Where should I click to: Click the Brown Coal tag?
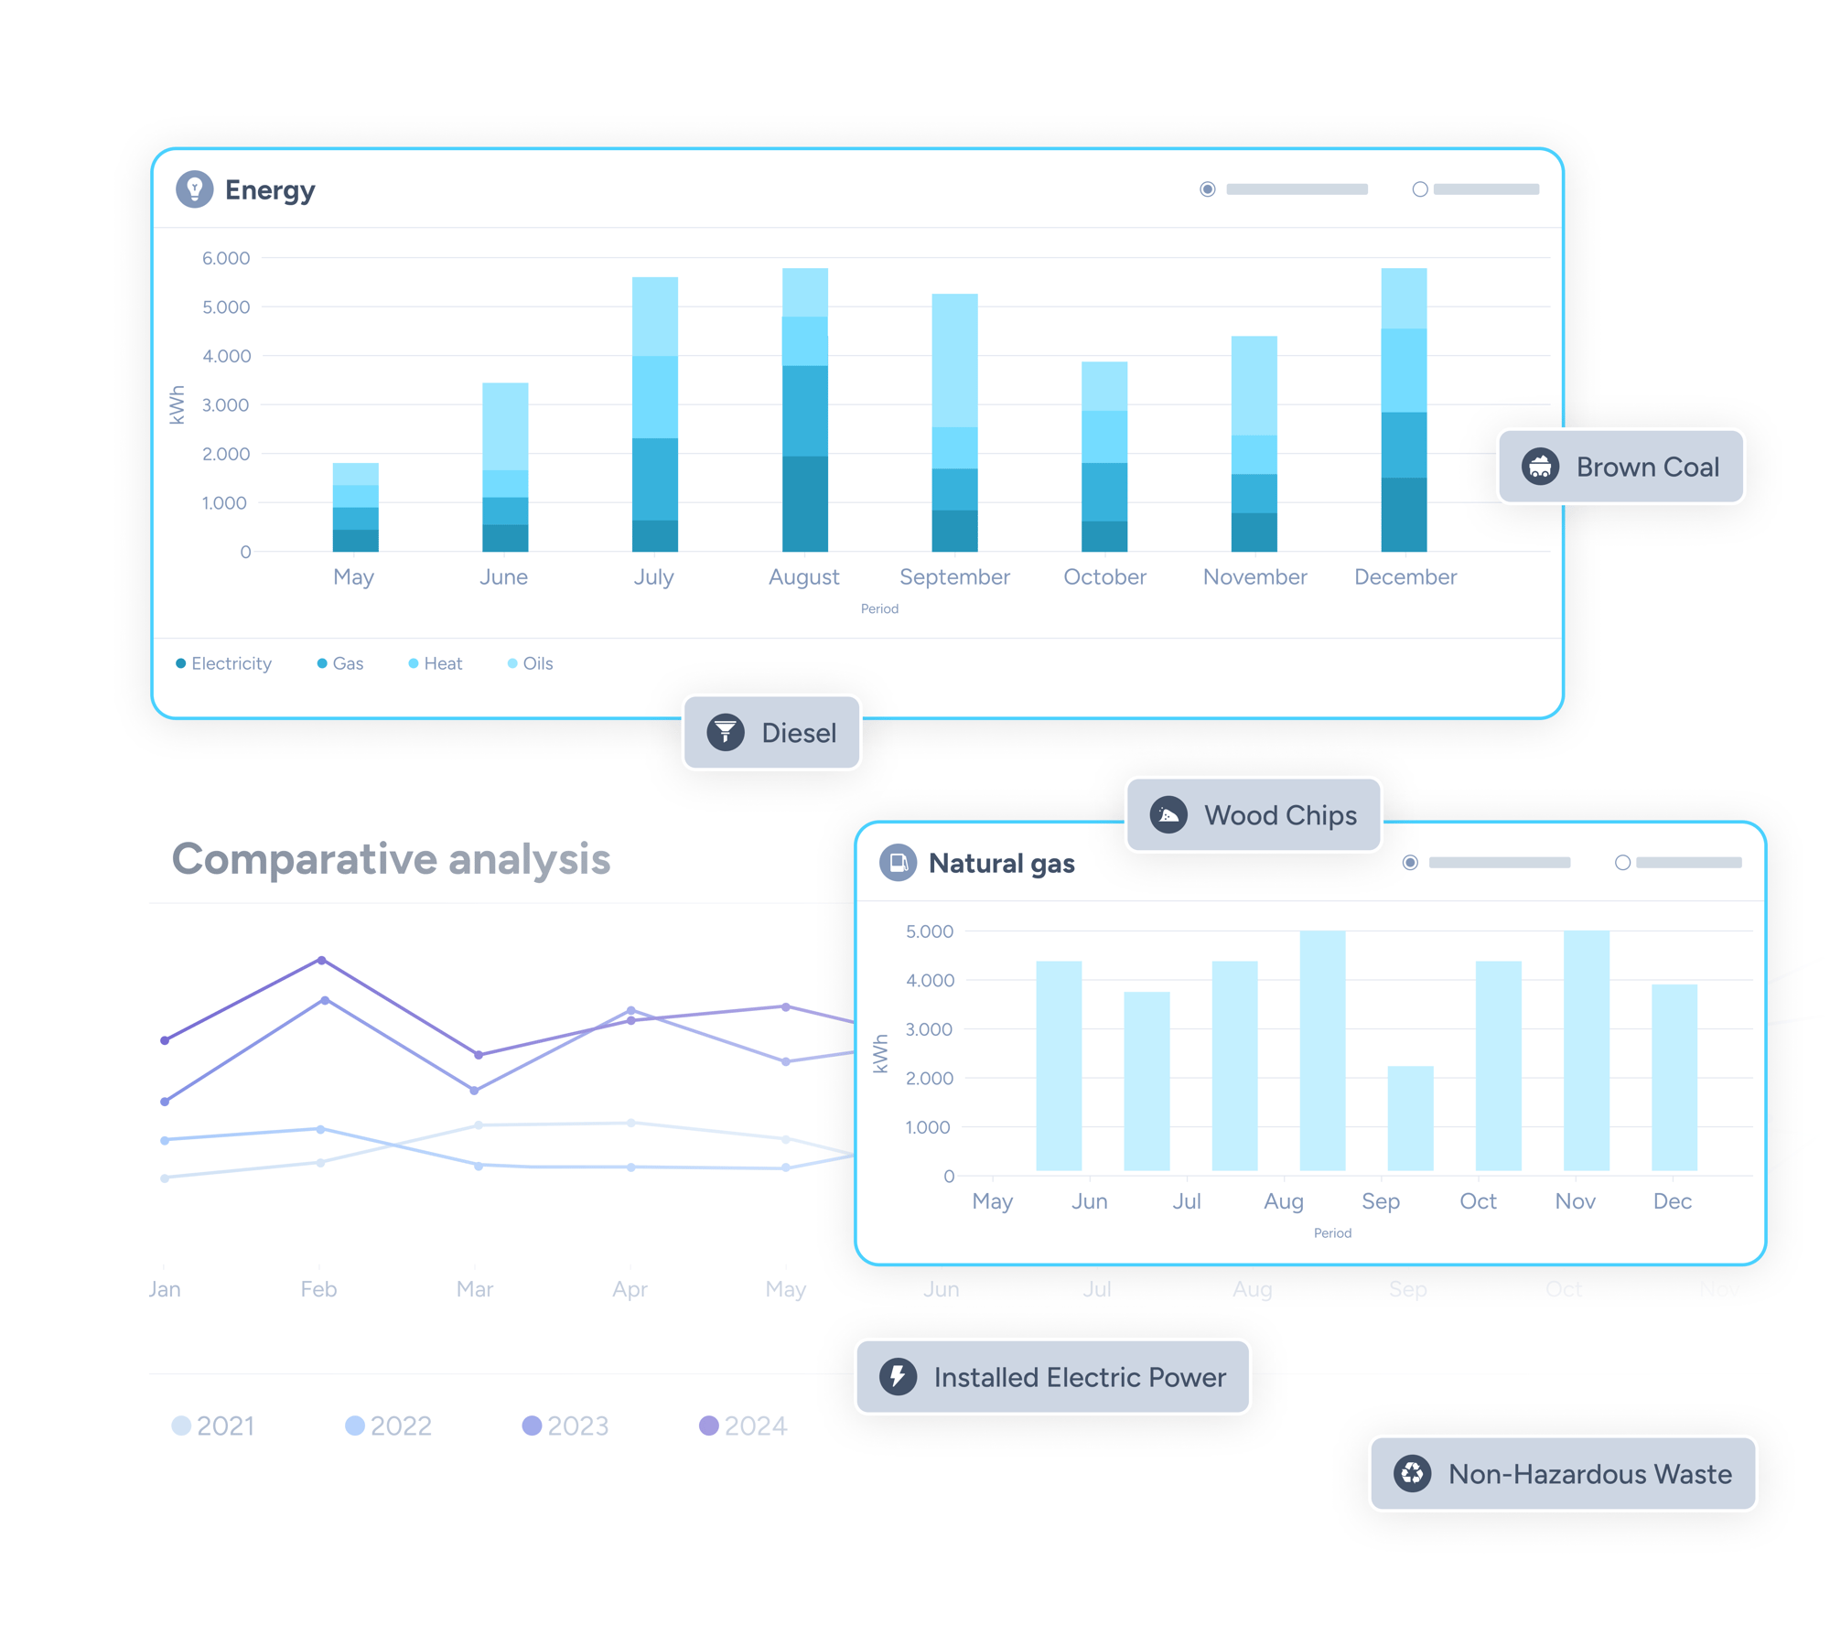[1620, 467]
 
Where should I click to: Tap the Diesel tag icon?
[725, 732]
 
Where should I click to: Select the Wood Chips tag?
[1253, 814]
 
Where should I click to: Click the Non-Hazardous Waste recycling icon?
[1412, 1473]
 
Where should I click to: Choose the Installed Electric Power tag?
[1052, 1376]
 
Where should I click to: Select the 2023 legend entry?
[565, 1425]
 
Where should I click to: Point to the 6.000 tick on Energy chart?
[226, 258]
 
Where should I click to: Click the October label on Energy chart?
[1104, 576]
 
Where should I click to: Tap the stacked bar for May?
[355, 508]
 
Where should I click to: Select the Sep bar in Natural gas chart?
[1410, 1117]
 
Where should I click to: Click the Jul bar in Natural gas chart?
[1146, 1081]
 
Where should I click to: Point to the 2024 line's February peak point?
[321, 960]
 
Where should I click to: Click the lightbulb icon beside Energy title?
[194, 189]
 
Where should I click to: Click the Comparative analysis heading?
[391, 858]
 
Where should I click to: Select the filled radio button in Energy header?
[1207, 189]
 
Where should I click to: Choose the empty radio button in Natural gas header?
[1622, 862]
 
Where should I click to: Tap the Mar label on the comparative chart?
[475, 1288]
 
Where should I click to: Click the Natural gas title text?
[1001, 863]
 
